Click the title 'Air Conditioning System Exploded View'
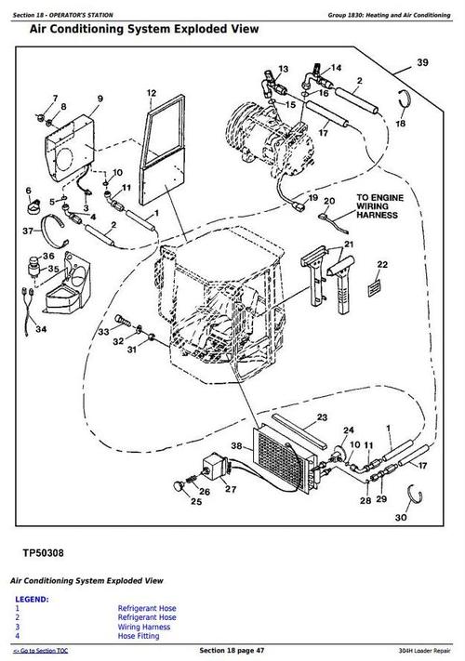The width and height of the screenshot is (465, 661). coord(144,30)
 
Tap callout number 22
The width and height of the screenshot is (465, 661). coord(381,265)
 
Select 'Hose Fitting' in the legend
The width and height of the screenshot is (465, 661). coord(139,634)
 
